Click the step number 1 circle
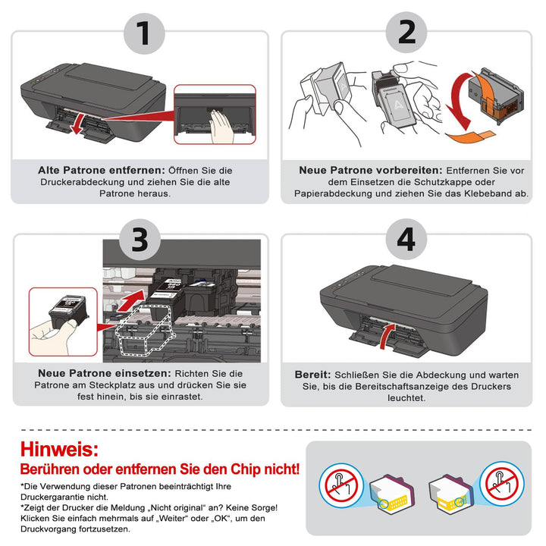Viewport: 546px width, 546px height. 144,34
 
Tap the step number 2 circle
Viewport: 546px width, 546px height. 406,33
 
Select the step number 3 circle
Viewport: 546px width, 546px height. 140,240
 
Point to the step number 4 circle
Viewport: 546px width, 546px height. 406,240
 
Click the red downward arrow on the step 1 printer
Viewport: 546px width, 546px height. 77,124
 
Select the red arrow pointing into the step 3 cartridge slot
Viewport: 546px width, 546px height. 131,300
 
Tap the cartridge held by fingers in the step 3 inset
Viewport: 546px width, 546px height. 68,311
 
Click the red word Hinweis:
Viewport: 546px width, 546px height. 59,449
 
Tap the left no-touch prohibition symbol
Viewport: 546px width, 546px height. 341,485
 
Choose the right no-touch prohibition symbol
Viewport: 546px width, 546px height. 502,483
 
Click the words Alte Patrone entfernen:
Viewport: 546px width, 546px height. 102,171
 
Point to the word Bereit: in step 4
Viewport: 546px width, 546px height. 312,375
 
